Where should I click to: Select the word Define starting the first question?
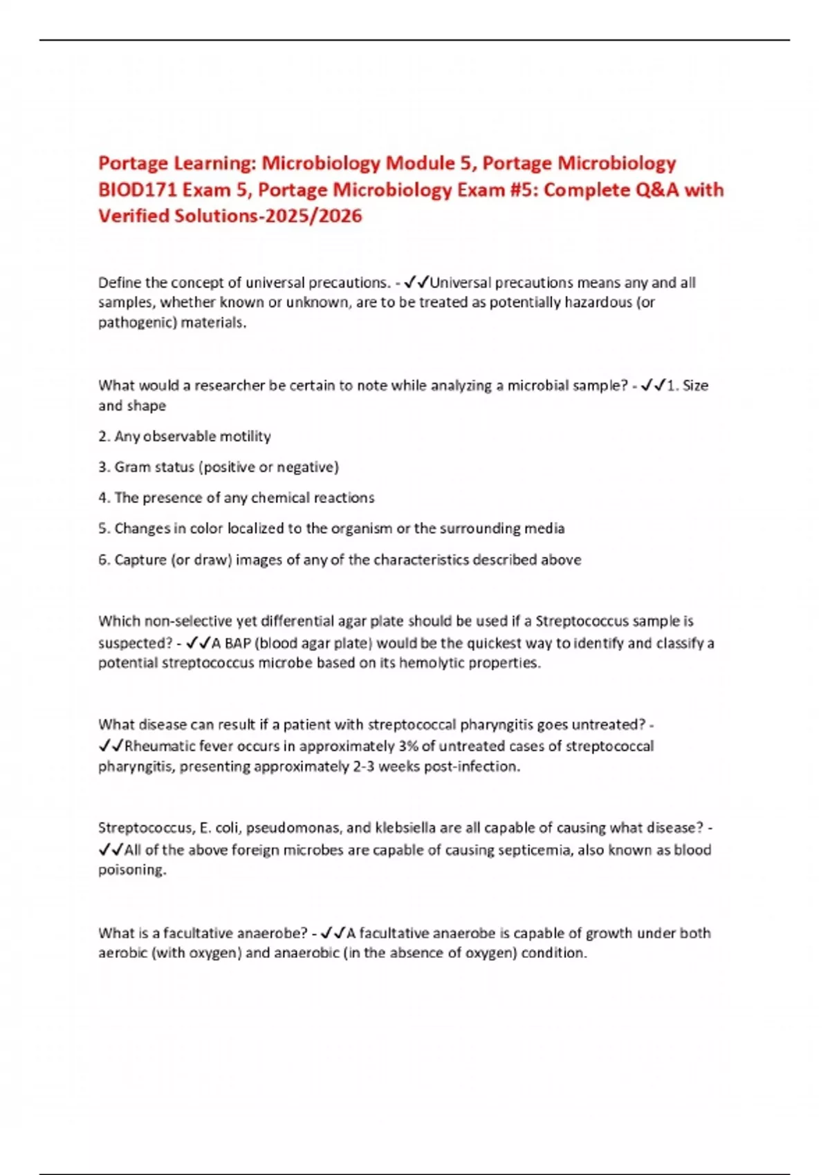click(x=120, y=283)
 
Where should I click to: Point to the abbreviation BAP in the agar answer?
click(x=237, y=643)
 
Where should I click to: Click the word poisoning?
click(x=131, y=869)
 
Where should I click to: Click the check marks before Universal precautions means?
click(x=416, y=283)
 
